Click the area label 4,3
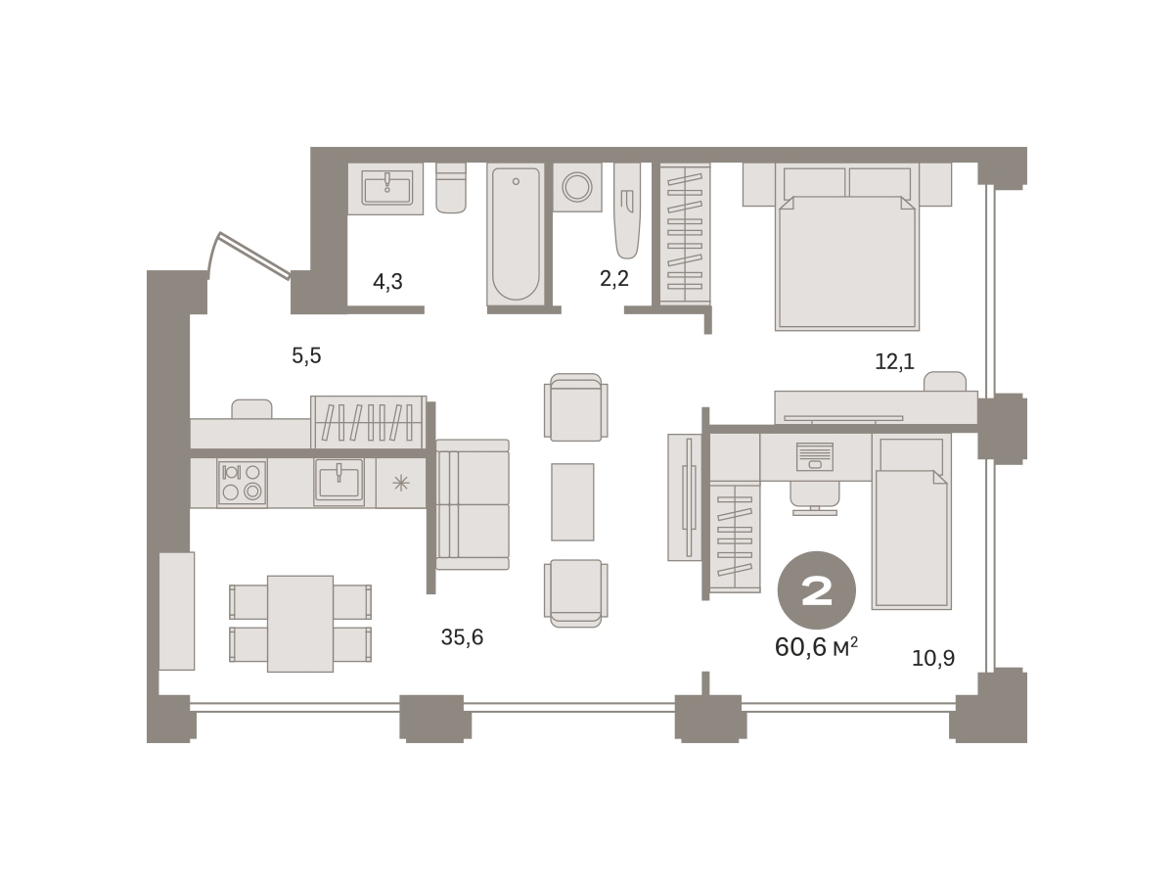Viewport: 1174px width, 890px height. click(387, 282)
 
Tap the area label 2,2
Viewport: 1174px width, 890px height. click(614, 278)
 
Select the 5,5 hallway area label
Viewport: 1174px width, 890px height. click(306, 355)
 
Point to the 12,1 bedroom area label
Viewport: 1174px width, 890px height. click(894, 362)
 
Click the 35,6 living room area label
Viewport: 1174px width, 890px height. click(462, 636)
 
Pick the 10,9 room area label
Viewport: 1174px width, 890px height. click(932, 658)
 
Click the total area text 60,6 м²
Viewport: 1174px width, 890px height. click(816, 647)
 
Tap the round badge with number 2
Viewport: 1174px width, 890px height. click(816, 589)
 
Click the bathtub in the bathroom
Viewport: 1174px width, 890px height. click(516, 234)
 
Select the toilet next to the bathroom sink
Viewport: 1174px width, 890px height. click(451, 188)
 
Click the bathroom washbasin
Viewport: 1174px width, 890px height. click(387, 188)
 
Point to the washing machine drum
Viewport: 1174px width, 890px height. click(577, 187)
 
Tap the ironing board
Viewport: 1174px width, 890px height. click(627, 211)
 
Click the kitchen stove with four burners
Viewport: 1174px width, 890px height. click(242, 482)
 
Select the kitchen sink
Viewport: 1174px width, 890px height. click(339, 481)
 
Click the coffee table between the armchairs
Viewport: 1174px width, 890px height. click(572, 502)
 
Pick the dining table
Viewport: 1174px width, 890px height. click(300, 624)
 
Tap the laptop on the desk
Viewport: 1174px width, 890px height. click(815, 456)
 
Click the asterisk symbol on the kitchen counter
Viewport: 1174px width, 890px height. click(400, 484)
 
